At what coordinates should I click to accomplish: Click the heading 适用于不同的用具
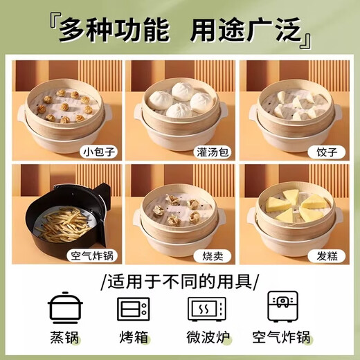pos(179,281)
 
